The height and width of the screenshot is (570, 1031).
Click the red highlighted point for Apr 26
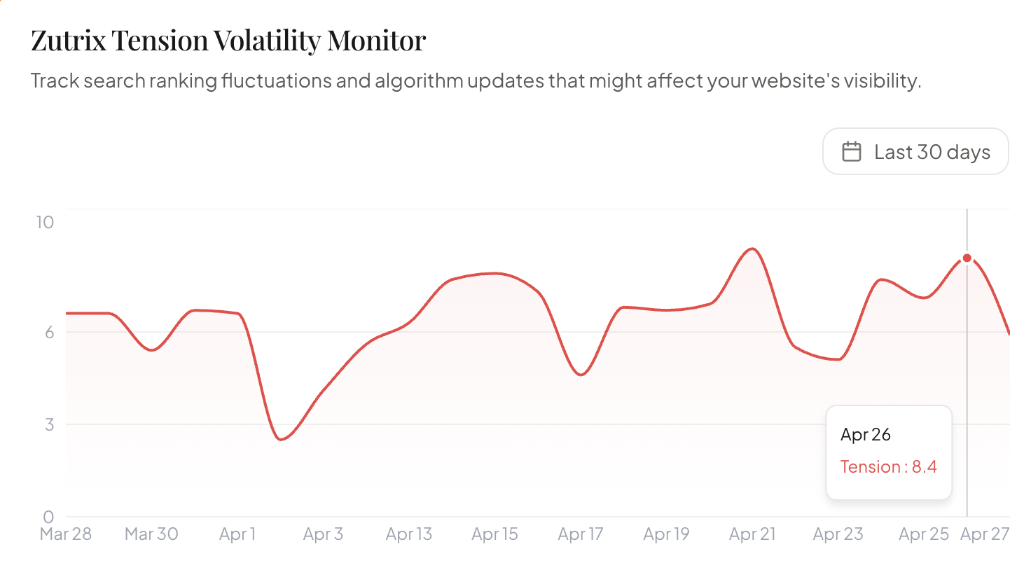(967, 258)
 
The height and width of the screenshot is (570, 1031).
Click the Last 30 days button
(915, 152)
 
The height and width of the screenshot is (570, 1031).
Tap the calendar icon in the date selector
(852, 152)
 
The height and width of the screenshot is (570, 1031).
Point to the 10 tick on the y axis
(45, 223)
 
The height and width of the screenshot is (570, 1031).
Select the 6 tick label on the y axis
(49, 333)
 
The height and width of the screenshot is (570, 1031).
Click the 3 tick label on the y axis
(49, 424)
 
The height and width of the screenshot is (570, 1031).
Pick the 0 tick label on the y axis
(48, 517)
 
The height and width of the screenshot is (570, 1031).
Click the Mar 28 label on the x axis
(66, 534)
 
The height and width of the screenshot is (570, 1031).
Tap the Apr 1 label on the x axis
(237, 534)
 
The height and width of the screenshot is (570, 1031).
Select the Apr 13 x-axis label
(409, 534)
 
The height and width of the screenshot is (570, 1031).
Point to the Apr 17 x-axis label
(581, 534)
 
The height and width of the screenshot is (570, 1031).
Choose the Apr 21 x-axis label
(752, 534)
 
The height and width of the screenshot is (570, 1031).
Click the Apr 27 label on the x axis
(985, 534)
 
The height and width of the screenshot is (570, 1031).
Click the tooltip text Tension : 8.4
(888, 467)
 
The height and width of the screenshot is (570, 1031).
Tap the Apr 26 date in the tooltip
(866, 435)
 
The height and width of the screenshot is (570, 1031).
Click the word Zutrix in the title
(68, 41)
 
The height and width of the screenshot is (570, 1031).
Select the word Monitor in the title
(376, 41)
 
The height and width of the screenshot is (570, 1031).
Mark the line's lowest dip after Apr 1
(281, 439)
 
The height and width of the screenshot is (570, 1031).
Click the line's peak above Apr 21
(752, 249)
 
